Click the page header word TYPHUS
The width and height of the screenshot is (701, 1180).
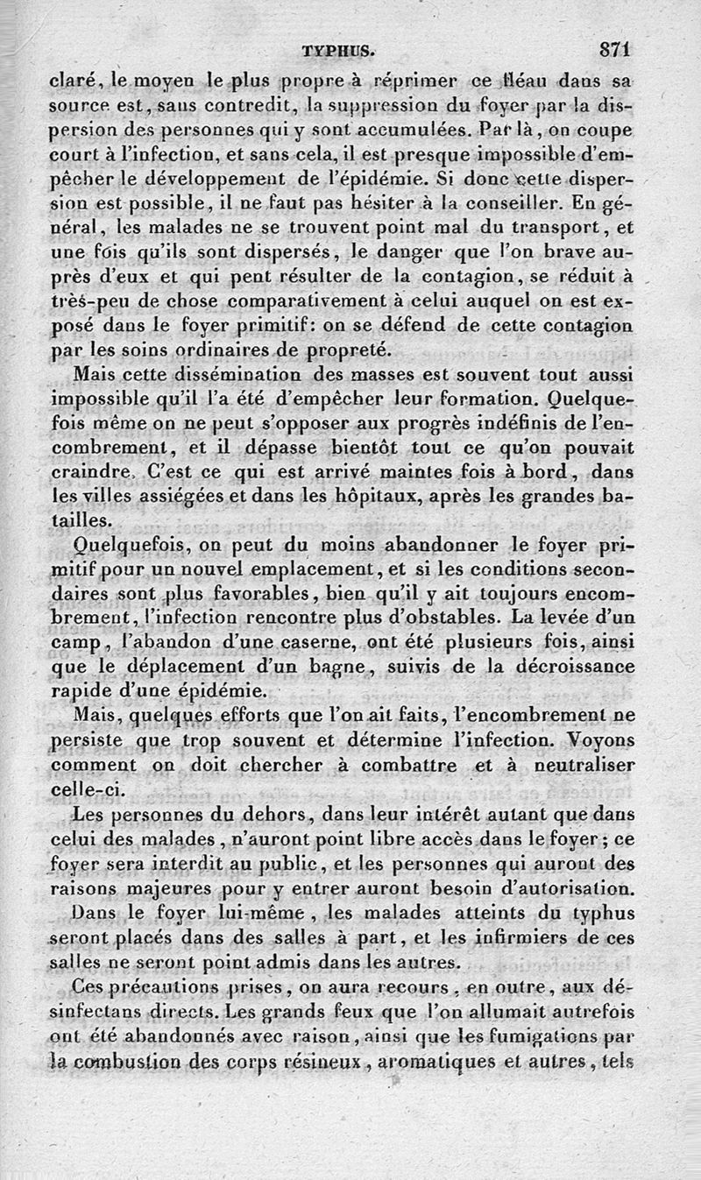coord(337,51)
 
